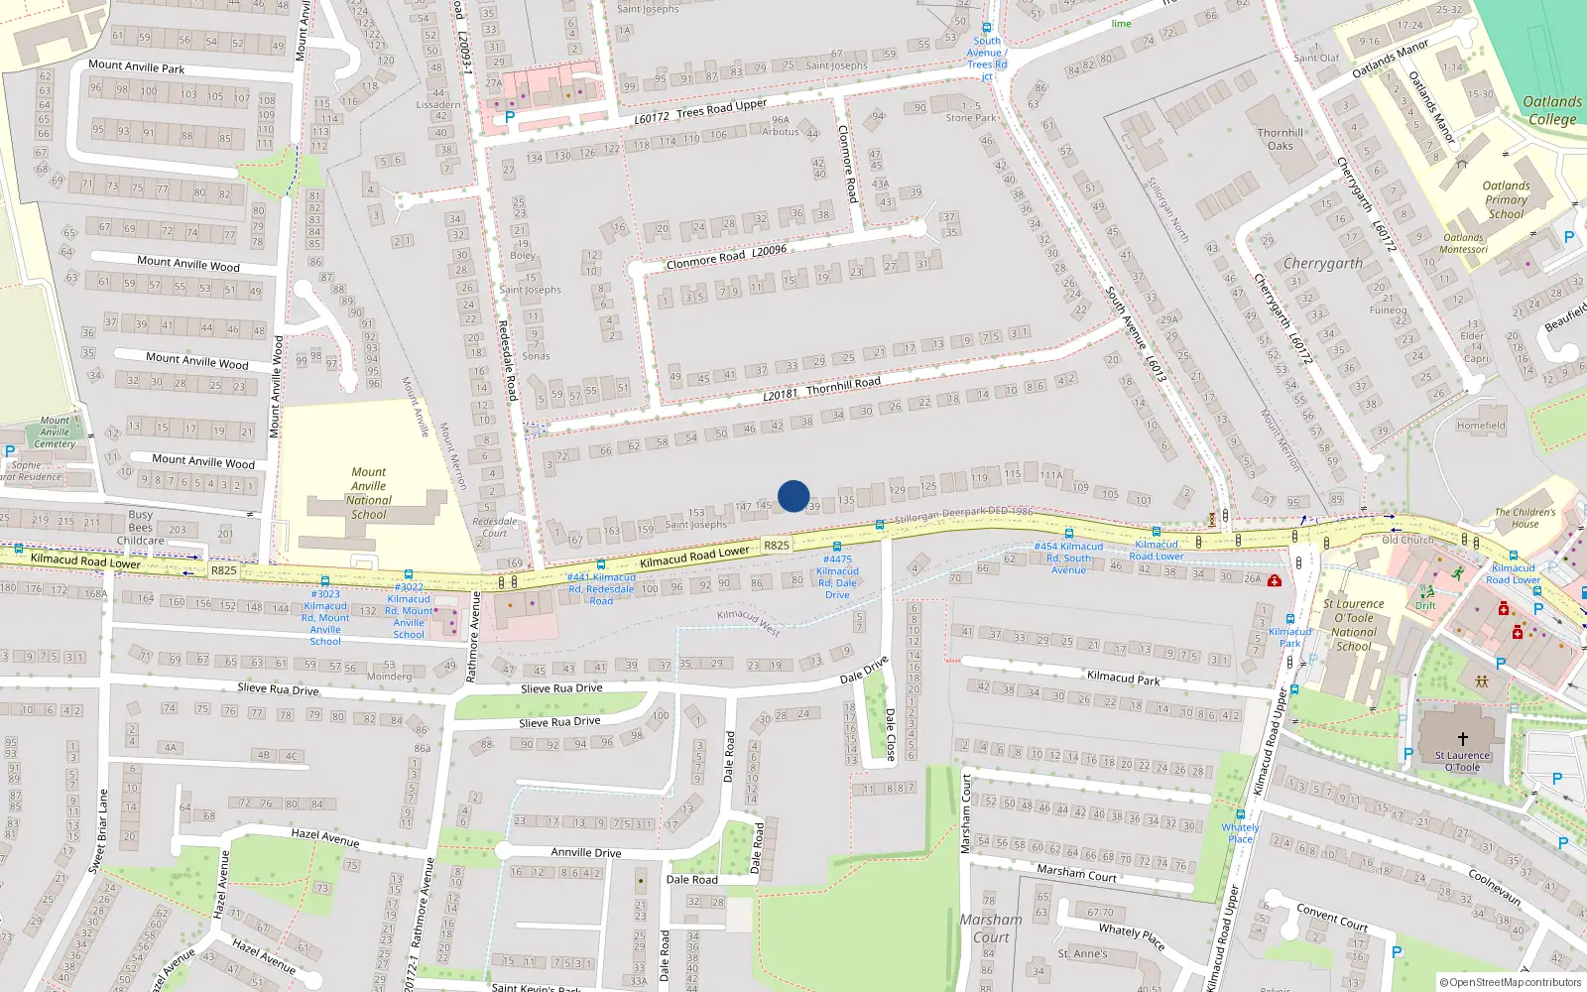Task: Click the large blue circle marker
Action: (793, 496)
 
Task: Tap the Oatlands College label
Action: (1552, 110)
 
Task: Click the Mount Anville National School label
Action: (368, 493)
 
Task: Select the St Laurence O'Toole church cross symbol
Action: (1462, 739)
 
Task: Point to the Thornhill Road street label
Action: (822, 388)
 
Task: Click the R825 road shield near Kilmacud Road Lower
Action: (777, 545)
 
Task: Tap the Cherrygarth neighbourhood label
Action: (1322, 263)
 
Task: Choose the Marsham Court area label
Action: (990, 928)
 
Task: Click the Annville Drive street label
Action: (585, 852)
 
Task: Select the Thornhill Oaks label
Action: (1280, 139)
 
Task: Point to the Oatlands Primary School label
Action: (1506, 199)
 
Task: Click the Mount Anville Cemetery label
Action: (55, 432)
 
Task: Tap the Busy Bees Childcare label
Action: (140, 528)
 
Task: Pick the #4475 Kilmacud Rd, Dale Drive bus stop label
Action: (837, 576)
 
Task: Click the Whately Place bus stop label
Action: (1240, 832)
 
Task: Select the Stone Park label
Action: (970, 117)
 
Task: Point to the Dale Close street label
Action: (890, 734)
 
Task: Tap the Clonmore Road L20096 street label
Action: (726, 257)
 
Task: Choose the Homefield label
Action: (1480, 426)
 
